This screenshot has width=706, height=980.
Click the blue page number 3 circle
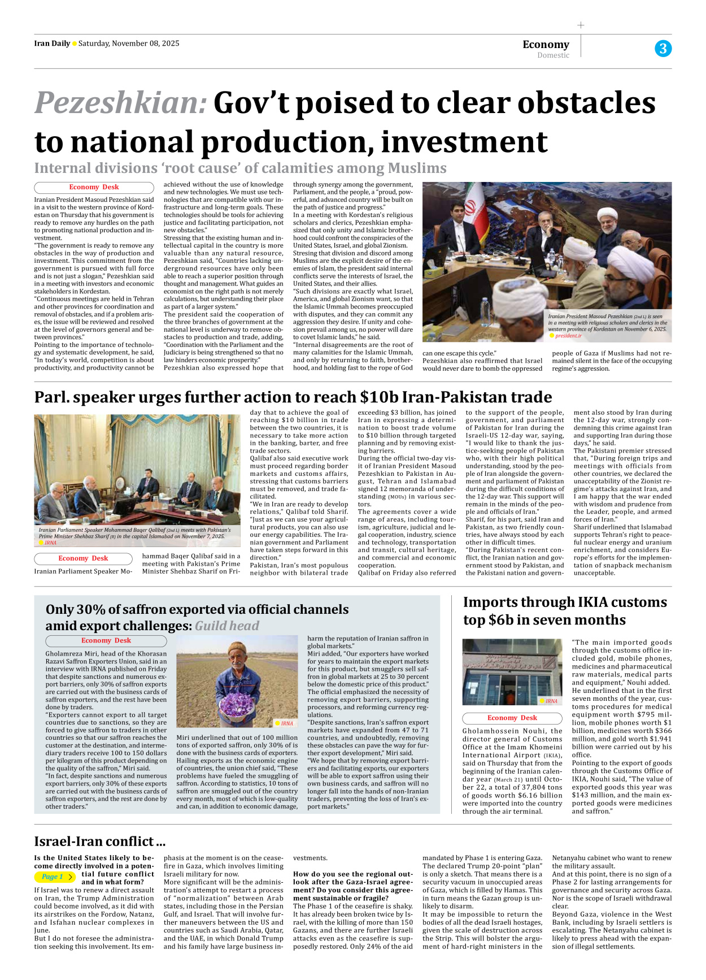coord(663,49)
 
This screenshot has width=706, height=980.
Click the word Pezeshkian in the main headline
coord(121,103)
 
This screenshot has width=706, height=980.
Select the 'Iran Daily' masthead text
coord(52,44)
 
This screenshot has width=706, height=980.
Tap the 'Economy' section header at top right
coord(546,44)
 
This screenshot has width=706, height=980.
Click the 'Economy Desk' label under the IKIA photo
coord(512,718)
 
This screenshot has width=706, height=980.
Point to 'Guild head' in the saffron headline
coord(227,626)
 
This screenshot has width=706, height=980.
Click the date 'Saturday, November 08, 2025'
coord(129,44)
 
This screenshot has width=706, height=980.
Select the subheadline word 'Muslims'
coord(417,168)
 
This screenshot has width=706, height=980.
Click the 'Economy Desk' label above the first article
coord(94,187)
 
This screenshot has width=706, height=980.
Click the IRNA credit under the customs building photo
coord(551,701)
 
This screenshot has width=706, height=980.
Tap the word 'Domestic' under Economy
coord(553,55)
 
